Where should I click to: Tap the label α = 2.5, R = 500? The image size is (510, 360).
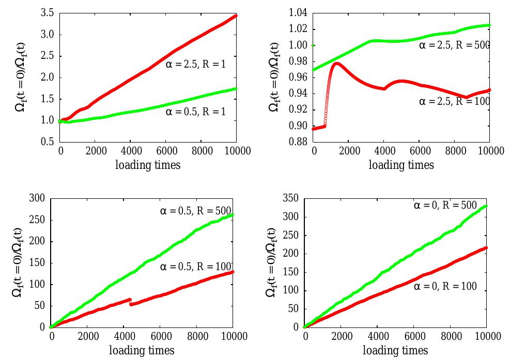454,45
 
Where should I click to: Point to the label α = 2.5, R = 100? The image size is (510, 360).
454,101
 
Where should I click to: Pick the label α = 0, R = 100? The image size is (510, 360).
445,286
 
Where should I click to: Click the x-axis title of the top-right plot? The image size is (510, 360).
401,165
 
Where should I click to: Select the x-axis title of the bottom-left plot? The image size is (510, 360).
142,351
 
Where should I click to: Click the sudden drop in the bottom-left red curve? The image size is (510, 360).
130,302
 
